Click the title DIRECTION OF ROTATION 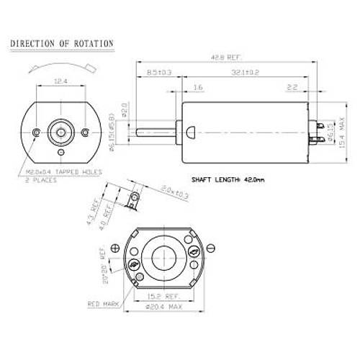click(61, 44)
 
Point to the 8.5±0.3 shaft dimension click(158, 72)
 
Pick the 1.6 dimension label click(197, 88)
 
